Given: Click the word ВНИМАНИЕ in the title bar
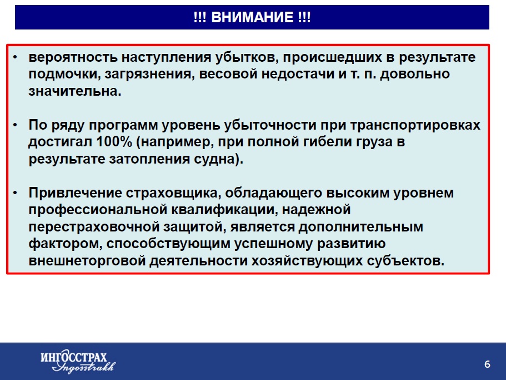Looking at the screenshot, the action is coord(252,17).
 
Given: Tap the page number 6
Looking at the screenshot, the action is coord(487,364).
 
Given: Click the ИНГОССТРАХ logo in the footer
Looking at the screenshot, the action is coord(78,361).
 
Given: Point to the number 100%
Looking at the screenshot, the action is coord(114,142).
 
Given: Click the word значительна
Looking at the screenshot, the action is coord(74,91).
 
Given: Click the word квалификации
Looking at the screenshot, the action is coord(224,210).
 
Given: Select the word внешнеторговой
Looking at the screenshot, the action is coord(87,261).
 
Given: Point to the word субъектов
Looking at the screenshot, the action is coord(406,261).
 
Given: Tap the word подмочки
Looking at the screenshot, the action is coord(64,75).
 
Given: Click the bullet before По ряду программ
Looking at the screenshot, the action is coord(15,125).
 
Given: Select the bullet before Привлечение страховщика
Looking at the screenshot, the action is coord(15,193).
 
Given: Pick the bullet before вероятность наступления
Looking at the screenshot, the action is coord(15,57).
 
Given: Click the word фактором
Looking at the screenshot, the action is coord(65,244).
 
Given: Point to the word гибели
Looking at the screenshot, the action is coord(327,142).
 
